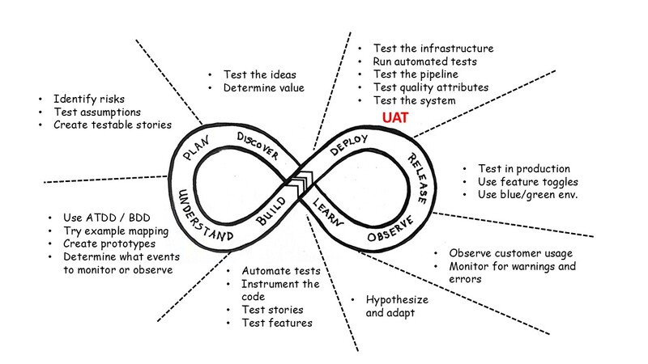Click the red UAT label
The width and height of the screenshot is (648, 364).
click(x=395, y=117)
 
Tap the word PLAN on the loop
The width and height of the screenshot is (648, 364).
click(x=196, y=148)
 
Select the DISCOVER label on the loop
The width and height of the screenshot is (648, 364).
click(x=258, y=146)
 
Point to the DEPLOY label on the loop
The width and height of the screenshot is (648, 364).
click(x=349, y=145)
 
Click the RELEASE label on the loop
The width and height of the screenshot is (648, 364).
click(x=417, y=178)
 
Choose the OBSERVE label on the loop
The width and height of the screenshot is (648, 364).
click(x=390, y=229)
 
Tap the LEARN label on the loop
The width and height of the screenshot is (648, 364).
click(x=328, y=212)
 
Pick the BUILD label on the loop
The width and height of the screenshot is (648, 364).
click(x=271, y=211)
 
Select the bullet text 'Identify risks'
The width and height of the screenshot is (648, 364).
click(x=89, y=99)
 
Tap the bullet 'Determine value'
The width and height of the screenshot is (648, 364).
click(x=264, y=88)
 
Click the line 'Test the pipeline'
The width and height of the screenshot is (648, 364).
click(x=416, y=74)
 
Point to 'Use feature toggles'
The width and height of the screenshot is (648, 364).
click(x=528, y=182)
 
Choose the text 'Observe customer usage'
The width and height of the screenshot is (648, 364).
click(x=511, y=253)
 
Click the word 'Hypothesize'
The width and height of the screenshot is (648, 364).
click(x=397, y=300)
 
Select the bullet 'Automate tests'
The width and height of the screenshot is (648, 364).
click(x=281, y=271)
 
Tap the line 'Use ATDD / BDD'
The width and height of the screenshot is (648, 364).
click(x=107, y=218)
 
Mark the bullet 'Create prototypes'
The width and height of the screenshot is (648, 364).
click(x=109, y=244)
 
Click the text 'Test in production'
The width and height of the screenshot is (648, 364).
click(x=524, y=169)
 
